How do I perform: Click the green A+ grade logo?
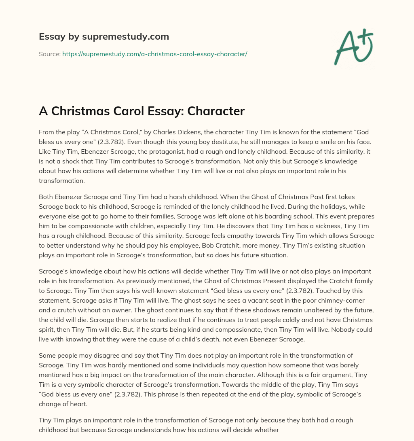353,47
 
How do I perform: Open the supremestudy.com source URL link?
154,54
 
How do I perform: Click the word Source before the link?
49,54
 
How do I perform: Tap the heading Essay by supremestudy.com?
103,36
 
